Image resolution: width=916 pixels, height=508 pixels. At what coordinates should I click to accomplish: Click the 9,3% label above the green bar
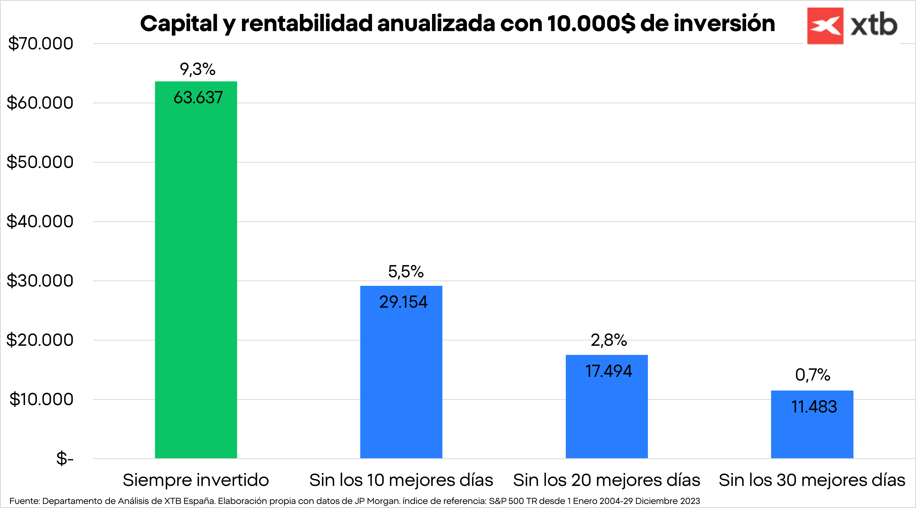pos(198,69)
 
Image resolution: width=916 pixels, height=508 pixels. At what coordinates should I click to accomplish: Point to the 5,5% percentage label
pos(406,272)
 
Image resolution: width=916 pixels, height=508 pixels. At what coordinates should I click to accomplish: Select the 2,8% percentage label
pos(609,340)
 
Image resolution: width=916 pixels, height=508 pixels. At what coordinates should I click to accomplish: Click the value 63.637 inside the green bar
pos(198,97)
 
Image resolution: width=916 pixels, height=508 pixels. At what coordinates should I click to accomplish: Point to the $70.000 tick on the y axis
pos(41,44)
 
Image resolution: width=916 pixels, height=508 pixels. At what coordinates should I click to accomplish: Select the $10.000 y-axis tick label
pos(41,399)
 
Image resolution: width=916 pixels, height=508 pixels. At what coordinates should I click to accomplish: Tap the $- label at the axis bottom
pos(65,458)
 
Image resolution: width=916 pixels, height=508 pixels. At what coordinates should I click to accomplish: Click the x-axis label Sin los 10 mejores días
pos(401,480)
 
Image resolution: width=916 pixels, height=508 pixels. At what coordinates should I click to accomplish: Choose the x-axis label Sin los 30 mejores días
pos(812,480)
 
